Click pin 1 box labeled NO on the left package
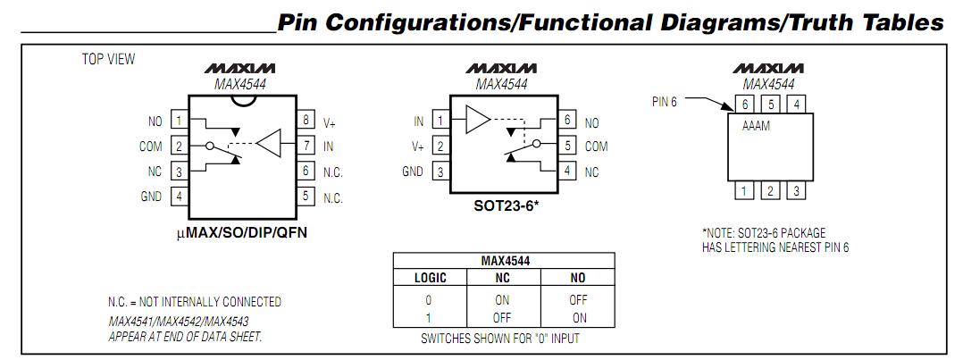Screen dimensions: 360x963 (180, 121)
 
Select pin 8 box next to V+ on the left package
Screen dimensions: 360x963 (306, 121)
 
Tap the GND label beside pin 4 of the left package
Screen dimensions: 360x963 (151, 197)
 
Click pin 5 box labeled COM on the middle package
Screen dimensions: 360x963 (567, 146)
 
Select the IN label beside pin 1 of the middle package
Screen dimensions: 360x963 (418, 121)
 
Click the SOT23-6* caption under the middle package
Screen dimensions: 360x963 (505, 205)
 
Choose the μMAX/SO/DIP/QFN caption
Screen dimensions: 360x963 (241, 233)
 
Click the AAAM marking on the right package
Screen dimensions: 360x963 (757, 127)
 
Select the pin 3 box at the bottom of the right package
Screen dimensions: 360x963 (797, 190)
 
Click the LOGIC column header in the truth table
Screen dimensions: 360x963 (430, 278)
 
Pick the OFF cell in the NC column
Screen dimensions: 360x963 (502, 316)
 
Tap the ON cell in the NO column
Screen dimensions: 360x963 (579, 316)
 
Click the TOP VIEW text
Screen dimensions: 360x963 (108, 60)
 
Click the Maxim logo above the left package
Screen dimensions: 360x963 (240, 69)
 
